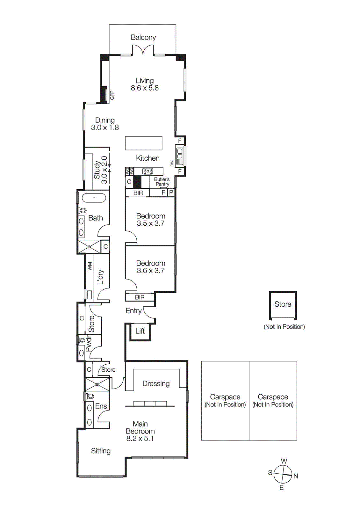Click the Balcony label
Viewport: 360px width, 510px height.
pyautogui.click(x=143, y=37)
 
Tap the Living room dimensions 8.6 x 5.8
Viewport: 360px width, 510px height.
pyautogui.click(x=145, y=88)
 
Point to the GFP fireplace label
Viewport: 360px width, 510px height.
pyautogui.click(x=112, y=95)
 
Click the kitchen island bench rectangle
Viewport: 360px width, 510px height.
pyautogui.click(x=144, y=143)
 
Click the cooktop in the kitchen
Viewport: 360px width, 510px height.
pyautogui.click(x=148, y=171)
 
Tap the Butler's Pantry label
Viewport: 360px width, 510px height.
pyautogui.click(x=162, y=182)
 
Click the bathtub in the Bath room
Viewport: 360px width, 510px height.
pyautogui.click(x=94, y=198)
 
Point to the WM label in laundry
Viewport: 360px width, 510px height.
pyautogui.click(x=90, y=266)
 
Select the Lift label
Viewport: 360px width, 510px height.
pyautogui.click(x=140, y=331)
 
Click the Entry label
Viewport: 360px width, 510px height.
pyautogui.click(x=133, y=311)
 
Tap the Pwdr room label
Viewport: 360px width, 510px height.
pyautogui.click(x=89, y=344)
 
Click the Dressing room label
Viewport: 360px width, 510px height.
pyautogui.click(x=156, y=383)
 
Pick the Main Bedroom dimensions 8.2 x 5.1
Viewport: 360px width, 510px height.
pyautogui.click(x=140, y=439)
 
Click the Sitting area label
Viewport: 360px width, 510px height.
pyautogui.click(x=101, y=451)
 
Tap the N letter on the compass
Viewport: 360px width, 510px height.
pyautogui.click(x=296, y=476)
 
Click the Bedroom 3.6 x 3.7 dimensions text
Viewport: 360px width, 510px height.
pyautogui.click(x=150, y=271)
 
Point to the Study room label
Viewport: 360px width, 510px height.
pyautogui.click(x=97, y=170)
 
